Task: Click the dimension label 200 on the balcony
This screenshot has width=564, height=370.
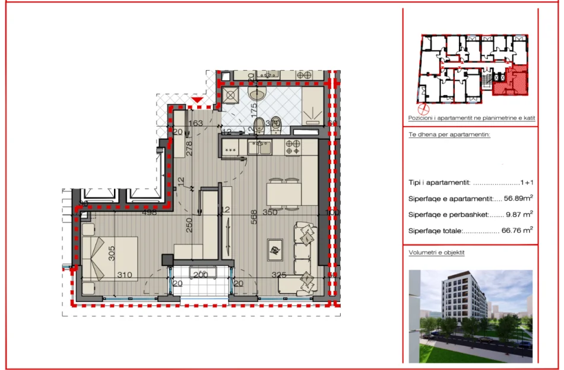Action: (200, 274)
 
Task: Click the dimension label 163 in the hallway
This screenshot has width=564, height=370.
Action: (195, 124)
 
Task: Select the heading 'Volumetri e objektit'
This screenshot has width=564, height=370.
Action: (436, 252)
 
